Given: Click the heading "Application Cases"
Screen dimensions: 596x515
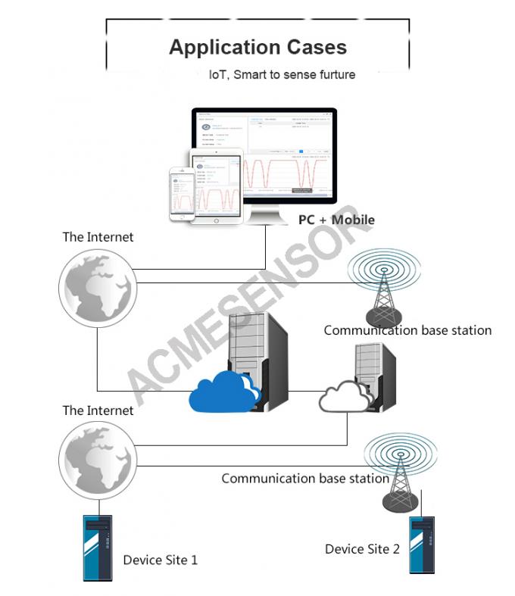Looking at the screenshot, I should pos(257,47).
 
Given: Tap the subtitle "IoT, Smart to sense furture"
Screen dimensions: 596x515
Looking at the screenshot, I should pos(282,75).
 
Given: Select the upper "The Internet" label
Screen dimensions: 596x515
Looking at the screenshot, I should pos(98,237).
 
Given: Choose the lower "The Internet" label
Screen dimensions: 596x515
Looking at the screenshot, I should pos(98,410).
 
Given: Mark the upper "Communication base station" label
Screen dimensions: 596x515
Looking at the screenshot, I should pos(407,330).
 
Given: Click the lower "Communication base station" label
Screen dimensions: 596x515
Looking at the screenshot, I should pos(305,479).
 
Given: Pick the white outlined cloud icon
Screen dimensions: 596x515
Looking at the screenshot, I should pos(345,395).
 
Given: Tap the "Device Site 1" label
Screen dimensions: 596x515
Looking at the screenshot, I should pos(161,560).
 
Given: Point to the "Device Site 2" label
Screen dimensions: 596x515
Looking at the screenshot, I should pos(362,549).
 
